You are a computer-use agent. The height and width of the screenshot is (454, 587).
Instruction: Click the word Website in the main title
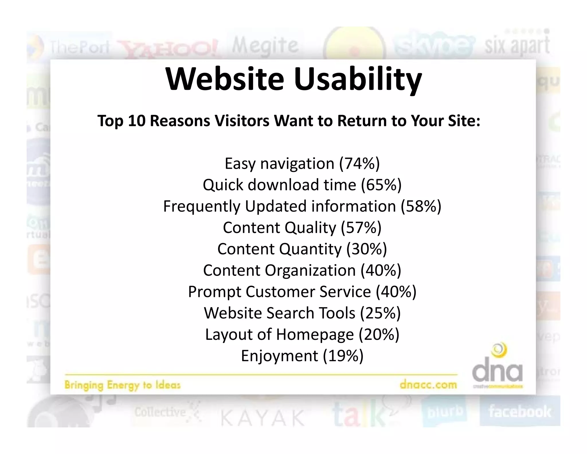pyautogui.click(x=225, y=79)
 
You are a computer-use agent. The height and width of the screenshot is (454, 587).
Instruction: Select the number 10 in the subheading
pyautogui.click(x=136, y=121)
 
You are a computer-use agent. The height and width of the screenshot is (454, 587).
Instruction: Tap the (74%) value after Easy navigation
pyautogui.click(x=359, y=164)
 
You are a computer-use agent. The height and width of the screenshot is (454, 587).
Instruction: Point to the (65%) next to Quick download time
pyautogui.click(x=381, y=185)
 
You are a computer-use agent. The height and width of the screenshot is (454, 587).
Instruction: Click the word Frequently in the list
pyautogui.click(x=201, y=206)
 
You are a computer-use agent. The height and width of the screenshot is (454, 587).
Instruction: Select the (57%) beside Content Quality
pyautogui.click(x=361, y=228)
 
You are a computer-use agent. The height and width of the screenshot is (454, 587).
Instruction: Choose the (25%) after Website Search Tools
pyautogui.click(x=380, y=313)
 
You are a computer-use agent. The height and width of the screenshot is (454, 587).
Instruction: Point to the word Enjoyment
pyautogui.click(x=279, y=356)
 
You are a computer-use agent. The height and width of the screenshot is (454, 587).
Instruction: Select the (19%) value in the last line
pyautogui.click(x=343, y=356)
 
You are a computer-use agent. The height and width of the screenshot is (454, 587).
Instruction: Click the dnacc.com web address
pyautogui.click(x=428, y=385)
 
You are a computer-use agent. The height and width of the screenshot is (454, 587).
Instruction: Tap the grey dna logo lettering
pyautogui.click(x=497, y=371)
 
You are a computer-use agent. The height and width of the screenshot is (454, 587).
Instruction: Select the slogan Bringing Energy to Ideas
pyautogui.click(x=122, y=385)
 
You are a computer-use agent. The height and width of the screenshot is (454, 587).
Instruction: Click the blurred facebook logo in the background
pyautogui.click(x=520, y=412)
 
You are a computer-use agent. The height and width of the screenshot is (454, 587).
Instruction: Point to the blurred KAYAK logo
pyautogui.click(x=263, y=418)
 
